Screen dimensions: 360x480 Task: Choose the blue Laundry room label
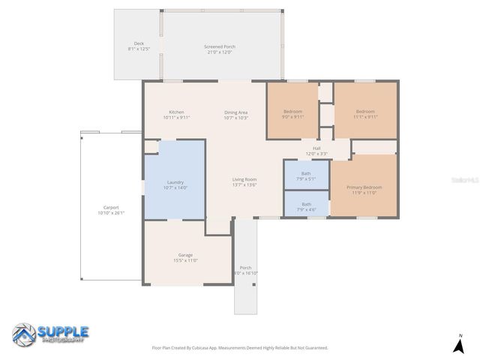pyautogui.click(x=175, y=184)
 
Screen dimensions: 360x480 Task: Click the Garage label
pyautogui.click(x=185, y=257)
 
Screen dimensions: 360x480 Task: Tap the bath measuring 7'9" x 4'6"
pyautogui.click(x=306, y=205)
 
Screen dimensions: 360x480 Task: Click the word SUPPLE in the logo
pyautogui.click(x=63, y=331)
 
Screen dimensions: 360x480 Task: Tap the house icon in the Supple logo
pyautogui.click(x=24, y=334)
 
